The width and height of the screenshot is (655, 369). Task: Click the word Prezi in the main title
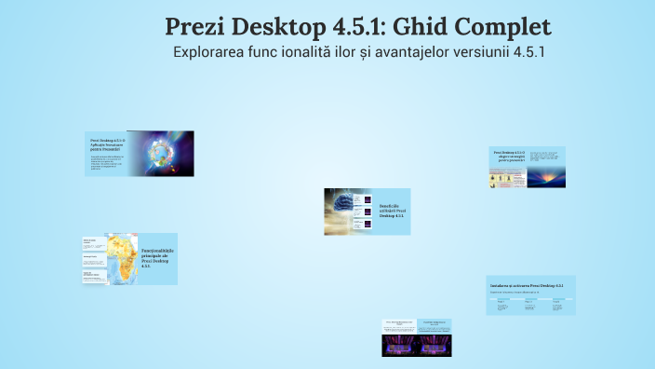pyautogui.click(x=198, y=27)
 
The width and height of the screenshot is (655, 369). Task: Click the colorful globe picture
pyautogui.click(x=160, y=152)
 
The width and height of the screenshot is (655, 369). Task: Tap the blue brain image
pyautogui.click(x=348, y=211)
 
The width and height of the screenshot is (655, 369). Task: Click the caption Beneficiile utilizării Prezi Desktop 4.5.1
pyautogui.click(x=392, y=211)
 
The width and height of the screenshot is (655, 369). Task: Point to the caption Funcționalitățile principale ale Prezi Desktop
pyautogui.click(x=157, y=258)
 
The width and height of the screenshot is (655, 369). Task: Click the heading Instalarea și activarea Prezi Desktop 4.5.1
pyautogui.click(x=526, y=283)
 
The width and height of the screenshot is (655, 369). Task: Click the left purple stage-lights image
pyautogui.click(x=402, y=346)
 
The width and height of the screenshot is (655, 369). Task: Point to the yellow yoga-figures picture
pyautogui.click(x=508, y=178)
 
